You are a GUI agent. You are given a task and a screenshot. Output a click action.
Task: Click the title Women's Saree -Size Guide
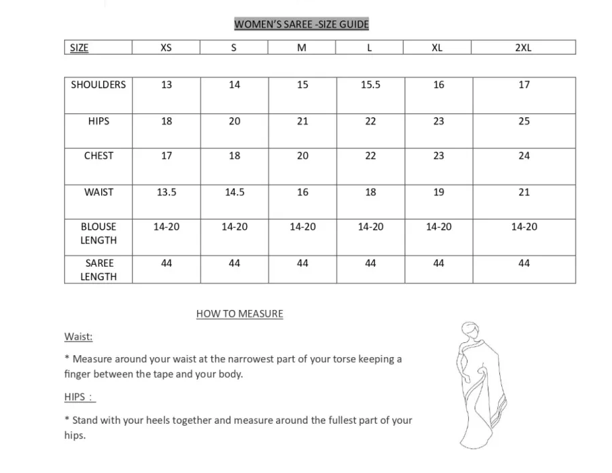(301, 25)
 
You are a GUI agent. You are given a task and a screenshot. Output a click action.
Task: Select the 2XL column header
(523, 48)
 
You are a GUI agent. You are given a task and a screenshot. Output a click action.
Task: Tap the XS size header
(166, 48)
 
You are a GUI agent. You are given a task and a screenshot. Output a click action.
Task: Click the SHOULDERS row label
(99, 85)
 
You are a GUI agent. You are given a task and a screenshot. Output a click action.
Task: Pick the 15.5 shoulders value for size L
(370, 85)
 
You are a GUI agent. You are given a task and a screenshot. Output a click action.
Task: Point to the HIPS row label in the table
(99, 121)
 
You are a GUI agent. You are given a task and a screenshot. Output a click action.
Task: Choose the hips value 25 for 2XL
(524, 121)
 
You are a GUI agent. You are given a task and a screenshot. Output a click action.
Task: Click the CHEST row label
(99, 156)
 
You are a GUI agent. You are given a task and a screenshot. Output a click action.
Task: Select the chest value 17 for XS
(167, 156)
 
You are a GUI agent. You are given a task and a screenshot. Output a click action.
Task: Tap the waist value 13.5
(167, 192)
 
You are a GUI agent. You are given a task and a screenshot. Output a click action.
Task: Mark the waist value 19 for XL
(439, 192)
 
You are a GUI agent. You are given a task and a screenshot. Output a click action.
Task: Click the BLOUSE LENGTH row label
(99, 233)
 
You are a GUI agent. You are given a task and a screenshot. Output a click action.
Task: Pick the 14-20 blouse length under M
(302, 227)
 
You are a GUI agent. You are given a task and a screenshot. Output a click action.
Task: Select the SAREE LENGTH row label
(99, 270)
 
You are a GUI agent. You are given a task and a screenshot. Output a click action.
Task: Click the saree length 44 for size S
(234, 263)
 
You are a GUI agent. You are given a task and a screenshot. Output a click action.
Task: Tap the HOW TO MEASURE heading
(240, 314)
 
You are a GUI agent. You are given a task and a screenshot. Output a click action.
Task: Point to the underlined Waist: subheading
(78, 336)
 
